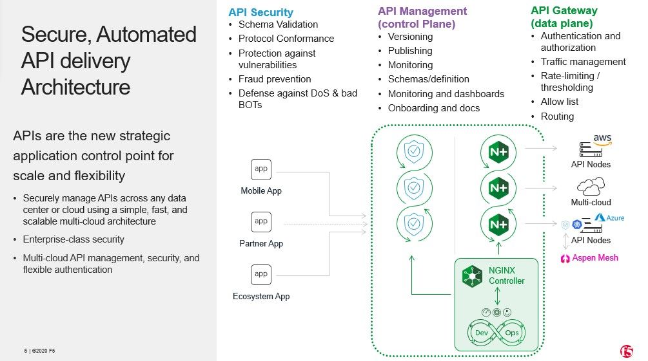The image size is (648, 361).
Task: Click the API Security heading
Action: [260, 12]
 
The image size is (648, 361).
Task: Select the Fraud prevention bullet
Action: [275, 79]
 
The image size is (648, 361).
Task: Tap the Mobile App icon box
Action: [261, 169]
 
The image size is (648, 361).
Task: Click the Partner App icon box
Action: [261, 222]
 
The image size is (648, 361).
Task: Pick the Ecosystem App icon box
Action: [261, 274]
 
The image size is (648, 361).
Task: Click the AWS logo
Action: [602, 140]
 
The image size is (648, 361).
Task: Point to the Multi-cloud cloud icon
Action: [590, 187]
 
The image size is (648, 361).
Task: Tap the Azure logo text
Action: [615, 218]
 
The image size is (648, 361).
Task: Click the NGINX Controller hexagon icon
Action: [473, 276]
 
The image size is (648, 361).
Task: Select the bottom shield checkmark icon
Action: [413, 223]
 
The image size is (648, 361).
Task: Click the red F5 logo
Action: [626, 351]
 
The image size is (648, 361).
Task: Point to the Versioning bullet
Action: [410, 37]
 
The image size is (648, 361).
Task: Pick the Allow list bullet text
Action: [560, 102]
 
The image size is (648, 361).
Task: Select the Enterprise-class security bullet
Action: [74, 239]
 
